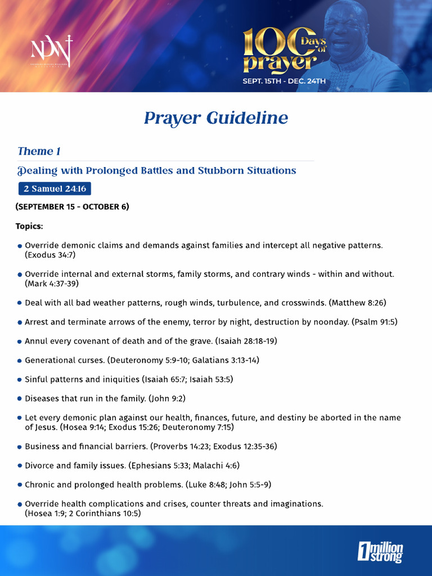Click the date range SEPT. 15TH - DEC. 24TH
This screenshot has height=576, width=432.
click(x=284, y=81)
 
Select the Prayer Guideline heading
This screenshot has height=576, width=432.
click(x=216, y=118)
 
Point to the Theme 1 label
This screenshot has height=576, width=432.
click(x=39, y=151)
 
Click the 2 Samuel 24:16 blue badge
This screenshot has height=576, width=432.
click(x=55, y=188)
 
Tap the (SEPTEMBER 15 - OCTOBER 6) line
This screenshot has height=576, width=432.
click(x=72, y=206)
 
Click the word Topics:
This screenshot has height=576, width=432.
click(x=29, y=226)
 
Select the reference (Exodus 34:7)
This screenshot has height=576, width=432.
click(x=50, y=255)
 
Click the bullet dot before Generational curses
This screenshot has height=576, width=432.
click(x=20, y=361)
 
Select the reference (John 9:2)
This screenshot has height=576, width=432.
click(x=166, y=398)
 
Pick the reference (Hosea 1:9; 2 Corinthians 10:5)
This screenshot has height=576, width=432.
click(x=83, y=513)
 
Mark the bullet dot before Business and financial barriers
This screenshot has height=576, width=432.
click(x=20, y=447)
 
